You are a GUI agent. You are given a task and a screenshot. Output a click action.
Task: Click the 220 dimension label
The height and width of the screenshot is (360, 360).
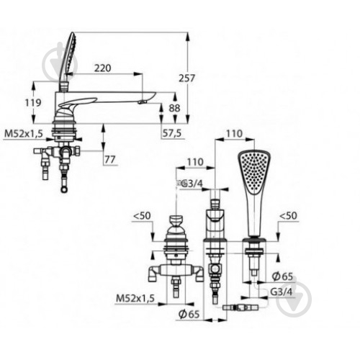pyautogui.click(x=102, y=68)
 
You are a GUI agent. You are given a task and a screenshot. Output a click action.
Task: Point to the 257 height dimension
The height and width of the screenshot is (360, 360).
pyautogui.click(x=187, y=78)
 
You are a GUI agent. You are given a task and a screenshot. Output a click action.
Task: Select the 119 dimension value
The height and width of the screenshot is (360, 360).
pyautogui.click(x=33, y=103)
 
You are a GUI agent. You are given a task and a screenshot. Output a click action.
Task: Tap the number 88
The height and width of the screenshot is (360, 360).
pyautogui.click(x=174, y=108)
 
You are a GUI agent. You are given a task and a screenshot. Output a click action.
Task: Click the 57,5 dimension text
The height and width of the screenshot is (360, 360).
pyautogui.click(x=172, y=133)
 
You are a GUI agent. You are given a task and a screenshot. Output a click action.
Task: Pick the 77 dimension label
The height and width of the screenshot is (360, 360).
pyautogui.click(x=110, y=159)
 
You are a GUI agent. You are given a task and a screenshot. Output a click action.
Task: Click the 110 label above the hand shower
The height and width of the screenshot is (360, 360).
pyautogui.click(x=234, y=133)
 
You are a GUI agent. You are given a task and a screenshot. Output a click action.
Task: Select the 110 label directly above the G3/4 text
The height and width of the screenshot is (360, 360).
pyautogui.click(x=195, y=162)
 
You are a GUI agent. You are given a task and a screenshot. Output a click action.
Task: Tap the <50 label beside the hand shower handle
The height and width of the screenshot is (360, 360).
pyautogui.click(x=288, y=215)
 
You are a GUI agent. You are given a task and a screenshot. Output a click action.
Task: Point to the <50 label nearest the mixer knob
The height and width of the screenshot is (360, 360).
pyautogui.click(x=142, y=215)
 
